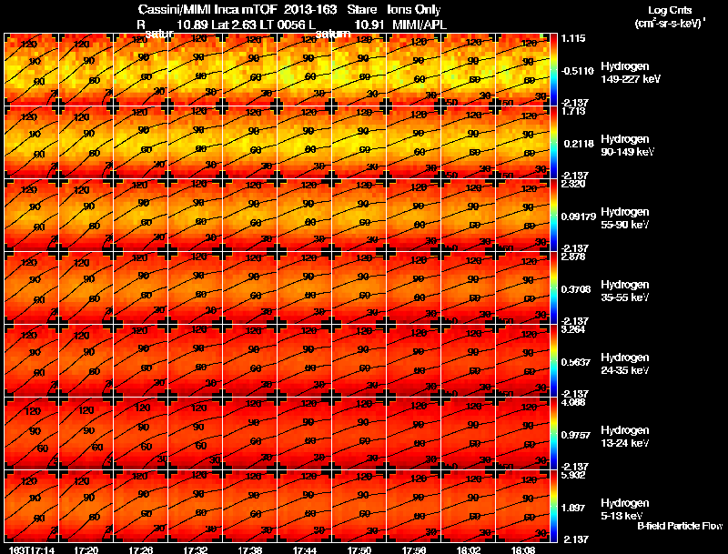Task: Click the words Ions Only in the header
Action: tap(414, 9)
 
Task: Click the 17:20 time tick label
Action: tap(86, 549)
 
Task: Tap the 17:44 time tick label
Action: tap(305, 549)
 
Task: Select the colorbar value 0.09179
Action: tap(575, 215)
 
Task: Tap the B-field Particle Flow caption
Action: tap(680, 526)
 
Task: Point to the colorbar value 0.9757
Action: tap(573, 433)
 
